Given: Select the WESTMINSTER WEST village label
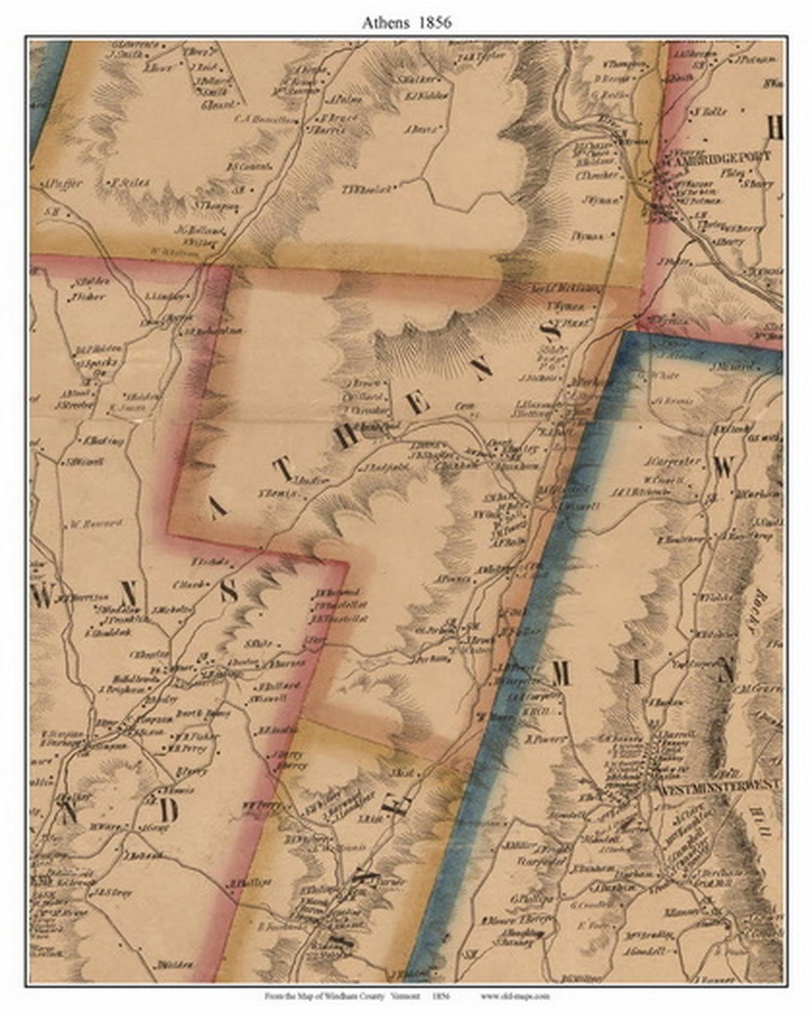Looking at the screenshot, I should point(720,789).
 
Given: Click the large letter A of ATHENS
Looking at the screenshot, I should point(217,511).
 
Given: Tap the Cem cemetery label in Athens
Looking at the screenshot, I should point(465,406).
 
